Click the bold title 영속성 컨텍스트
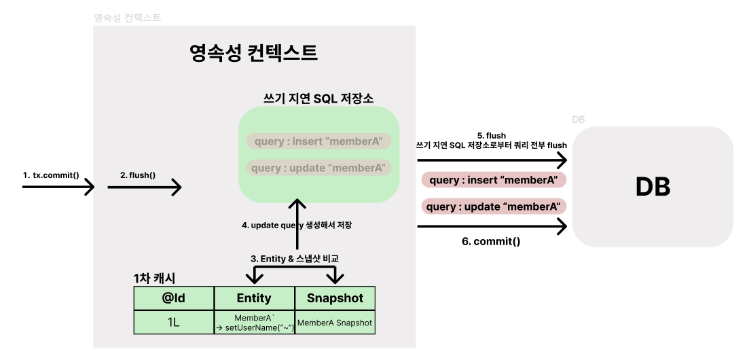coord(253,53)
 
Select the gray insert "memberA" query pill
coord(318,141)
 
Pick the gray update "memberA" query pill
coord(318,167)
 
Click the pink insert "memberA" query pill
coord(494,180)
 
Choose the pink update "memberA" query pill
coord(494,206)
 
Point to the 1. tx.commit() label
coord(51,175)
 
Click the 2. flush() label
coord(138,175)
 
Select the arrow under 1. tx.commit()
coord(58,187)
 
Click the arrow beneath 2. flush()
coord(144,187)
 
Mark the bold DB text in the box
coord(653,187)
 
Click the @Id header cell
coord(174,298)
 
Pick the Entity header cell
coord(254,298)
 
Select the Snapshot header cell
coord(335,298)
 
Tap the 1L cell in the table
coord(174,323)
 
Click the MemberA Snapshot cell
coord(335,323)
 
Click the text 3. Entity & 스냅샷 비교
coord(295,258)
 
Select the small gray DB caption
coord(579,120)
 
